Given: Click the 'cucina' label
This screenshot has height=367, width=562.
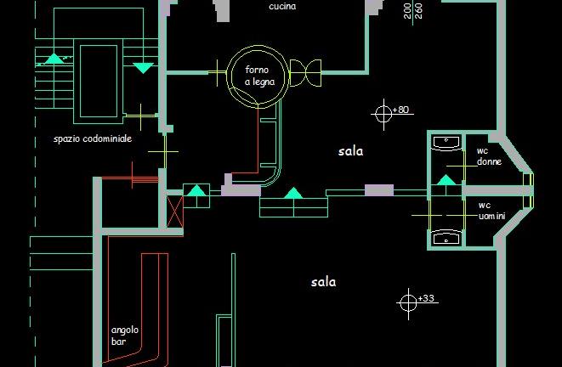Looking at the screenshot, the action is [282, 6].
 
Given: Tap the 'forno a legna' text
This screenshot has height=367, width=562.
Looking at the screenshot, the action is [259, 76].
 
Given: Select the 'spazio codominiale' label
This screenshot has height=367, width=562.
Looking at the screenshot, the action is [93, 139].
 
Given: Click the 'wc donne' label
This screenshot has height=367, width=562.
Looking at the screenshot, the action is [489, 156].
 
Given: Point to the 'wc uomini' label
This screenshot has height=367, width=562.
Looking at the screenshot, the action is [491, 211].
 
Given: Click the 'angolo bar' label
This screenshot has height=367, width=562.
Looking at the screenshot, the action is [125, 336].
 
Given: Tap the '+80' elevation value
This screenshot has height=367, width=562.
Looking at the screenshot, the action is [400, 110].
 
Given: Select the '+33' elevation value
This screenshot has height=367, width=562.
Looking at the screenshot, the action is [426, 298].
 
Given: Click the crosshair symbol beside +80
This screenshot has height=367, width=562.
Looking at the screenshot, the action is [383, 114].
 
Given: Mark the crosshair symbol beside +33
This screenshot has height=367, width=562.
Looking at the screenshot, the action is [408, 303].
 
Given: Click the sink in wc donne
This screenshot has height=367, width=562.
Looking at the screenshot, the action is [446, 143].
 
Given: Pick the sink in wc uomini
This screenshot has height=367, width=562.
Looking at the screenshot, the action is [446, 238].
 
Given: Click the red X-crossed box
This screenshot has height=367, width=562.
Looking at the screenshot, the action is [175, 212].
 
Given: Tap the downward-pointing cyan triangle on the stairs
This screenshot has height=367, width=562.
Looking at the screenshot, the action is [144, 68].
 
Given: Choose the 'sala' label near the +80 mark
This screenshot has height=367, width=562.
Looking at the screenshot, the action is [350, 151].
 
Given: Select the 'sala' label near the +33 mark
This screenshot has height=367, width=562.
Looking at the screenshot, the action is [323, 282].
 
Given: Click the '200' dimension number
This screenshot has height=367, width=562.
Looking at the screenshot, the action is [407, 11].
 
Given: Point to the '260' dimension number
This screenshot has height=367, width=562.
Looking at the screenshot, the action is [418, 11].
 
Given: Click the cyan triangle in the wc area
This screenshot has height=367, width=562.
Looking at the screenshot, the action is [446, 180].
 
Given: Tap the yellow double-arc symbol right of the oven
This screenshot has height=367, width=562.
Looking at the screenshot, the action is [305, 73].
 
